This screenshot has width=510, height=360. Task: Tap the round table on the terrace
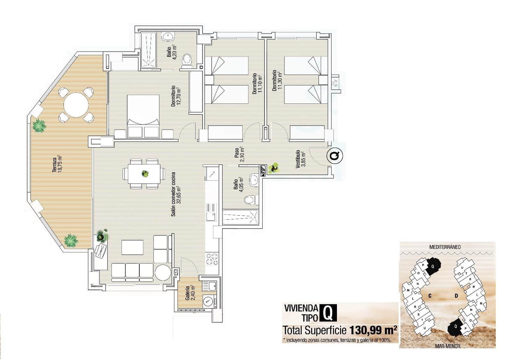tap(76, 105)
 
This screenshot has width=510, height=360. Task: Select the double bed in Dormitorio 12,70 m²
tap(143, 116)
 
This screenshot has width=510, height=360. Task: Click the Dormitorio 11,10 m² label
tap(257, 84)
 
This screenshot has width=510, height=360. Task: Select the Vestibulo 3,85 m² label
tap(300, 159)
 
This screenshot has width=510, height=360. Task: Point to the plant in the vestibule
tap(274, 168)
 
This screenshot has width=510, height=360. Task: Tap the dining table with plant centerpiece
tap(144, 174)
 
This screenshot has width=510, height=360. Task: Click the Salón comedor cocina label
tap(176, 194)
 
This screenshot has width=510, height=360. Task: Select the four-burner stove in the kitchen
tap(212, 259)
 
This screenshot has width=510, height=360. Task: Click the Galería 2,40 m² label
tap(190, 293)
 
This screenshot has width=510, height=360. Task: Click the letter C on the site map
tap(430, 296)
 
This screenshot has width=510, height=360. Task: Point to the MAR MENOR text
tap(447, 346)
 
